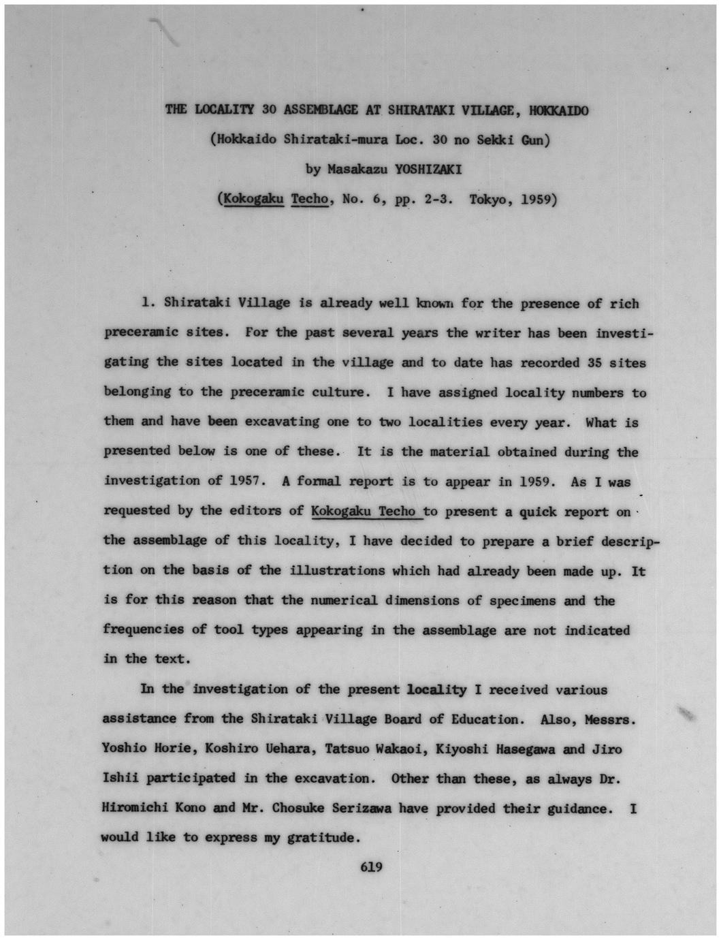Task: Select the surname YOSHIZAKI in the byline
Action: click(x=428, y=170)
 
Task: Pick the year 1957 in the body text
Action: click(x=245, y=481)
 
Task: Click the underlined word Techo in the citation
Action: click(x=309, y=200)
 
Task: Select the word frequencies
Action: click(x=143, y=629)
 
